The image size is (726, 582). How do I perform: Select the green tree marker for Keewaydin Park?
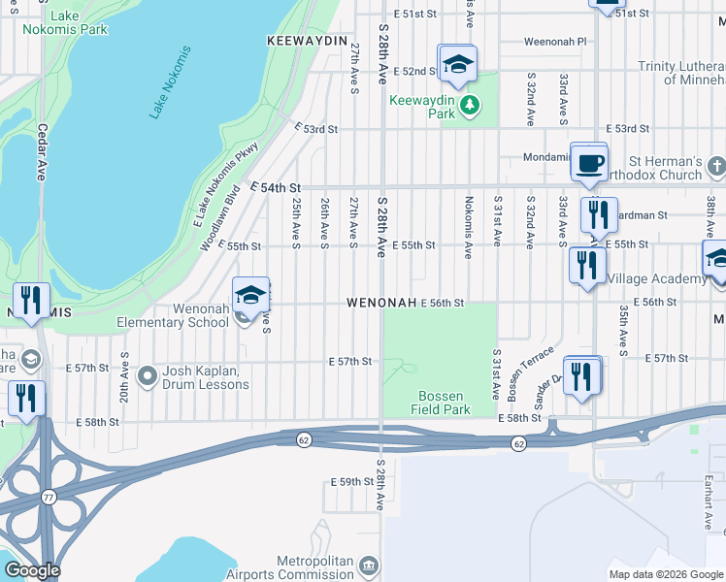(470, 104)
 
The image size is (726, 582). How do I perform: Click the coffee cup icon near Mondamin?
(588, 161)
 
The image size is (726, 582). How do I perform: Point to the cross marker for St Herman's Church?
(715, 167)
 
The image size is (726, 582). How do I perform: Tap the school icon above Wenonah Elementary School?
(250, 295)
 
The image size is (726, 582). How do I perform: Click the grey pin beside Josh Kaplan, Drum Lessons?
(148, 374)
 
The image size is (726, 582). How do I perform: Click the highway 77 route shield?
(49, 497)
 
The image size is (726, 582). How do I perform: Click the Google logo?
(31, 570)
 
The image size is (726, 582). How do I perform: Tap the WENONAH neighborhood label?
(381, 304)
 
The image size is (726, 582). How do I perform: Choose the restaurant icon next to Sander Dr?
(581, 376)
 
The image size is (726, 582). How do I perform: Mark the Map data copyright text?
(666, 574)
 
